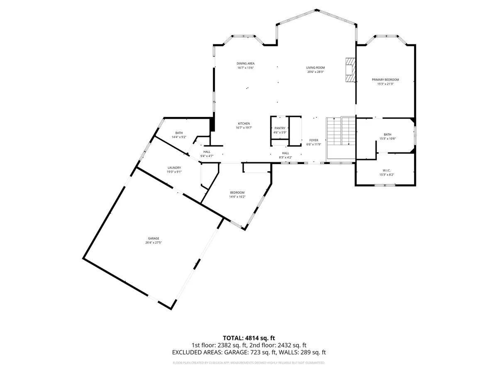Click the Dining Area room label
(245, 63)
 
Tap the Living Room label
(315, 68)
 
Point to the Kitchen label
(244, 124)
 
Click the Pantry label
(279, 128)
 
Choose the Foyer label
(313, 140)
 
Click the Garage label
(154, 238)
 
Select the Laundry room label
(174, 168)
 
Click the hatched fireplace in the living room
(351, 70)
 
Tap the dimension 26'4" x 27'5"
(154, 242)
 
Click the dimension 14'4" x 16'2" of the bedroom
(237, 197)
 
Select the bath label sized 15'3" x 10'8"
(387, 134)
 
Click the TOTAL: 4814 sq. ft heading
(249, 338)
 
